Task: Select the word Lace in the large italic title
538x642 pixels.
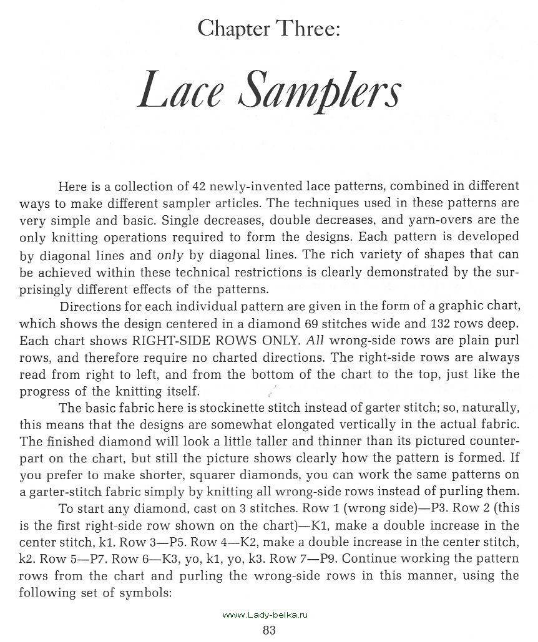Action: click(x=181, y=91)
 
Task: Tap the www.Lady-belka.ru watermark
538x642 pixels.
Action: click(x=267, y=615)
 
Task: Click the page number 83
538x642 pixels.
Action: click(x=269, y=630)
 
